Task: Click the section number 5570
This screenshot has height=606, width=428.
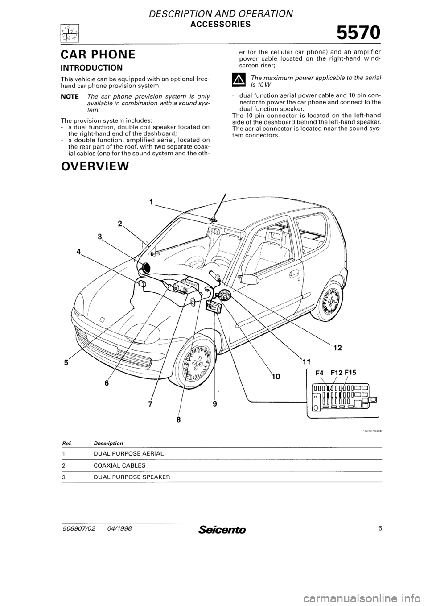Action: coord(359,33)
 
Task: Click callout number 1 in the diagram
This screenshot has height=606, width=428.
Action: coord(151,202)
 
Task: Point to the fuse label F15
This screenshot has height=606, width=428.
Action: coord(353,370)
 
